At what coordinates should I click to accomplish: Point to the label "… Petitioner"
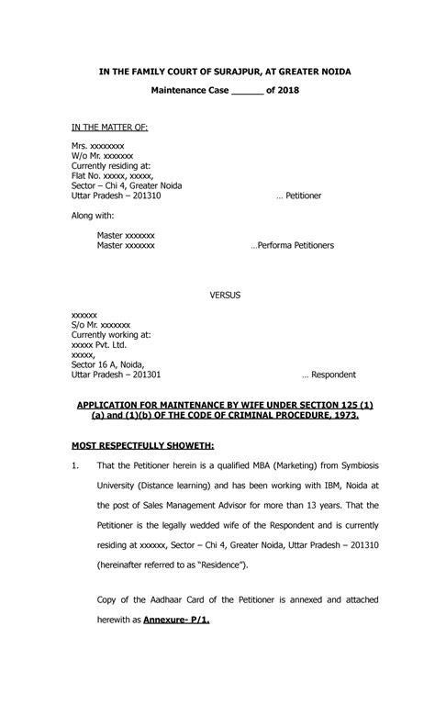tap(299, 196)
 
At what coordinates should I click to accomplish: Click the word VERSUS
tap(226, 296)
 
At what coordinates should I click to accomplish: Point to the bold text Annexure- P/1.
tap(176, 620)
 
